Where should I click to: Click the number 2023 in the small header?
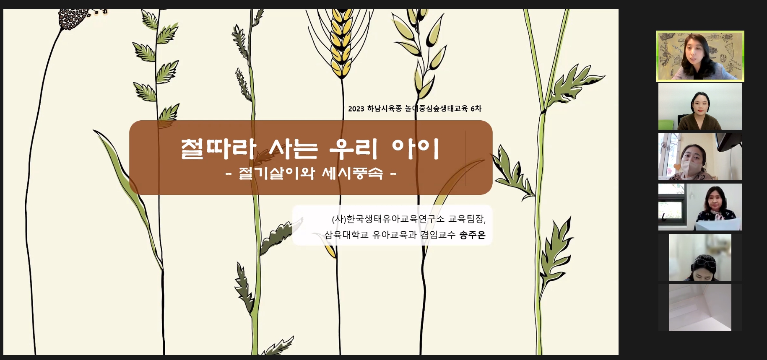point(356,109)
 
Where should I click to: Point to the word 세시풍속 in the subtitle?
point(352,173)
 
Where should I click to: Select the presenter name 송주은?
point(473,235)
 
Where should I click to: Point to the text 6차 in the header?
point(476,109)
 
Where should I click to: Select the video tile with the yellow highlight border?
point(700,56)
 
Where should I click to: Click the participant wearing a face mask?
point(700,157)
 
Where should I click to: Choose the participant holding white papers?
point(700,207)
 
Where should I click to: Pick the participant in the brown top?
point(700,106)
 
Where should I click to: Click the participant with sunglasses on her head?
point(700,257)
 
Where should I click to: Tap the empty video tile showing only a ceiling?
point(700,308)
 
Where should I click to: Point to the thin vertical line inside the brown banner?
point(465,158)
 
